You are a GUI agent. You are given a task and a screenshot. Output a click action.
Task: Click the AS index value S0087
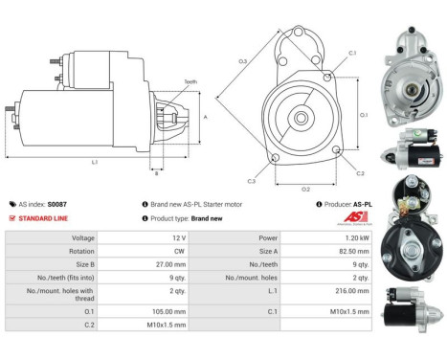pyautogui.click(x=57, y=204)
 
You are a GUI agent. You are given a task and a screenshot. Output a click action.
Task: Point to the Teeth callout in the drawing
pyautogui.click(x=190, y=82)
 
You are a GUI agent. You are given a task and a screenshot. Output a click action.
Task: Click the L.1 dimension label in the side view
pyautogui.click(x=95, y=162)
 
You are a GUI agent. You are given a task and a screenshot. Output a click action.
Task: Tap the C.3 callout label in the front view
pyautogui.click(x=251, y=180)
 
